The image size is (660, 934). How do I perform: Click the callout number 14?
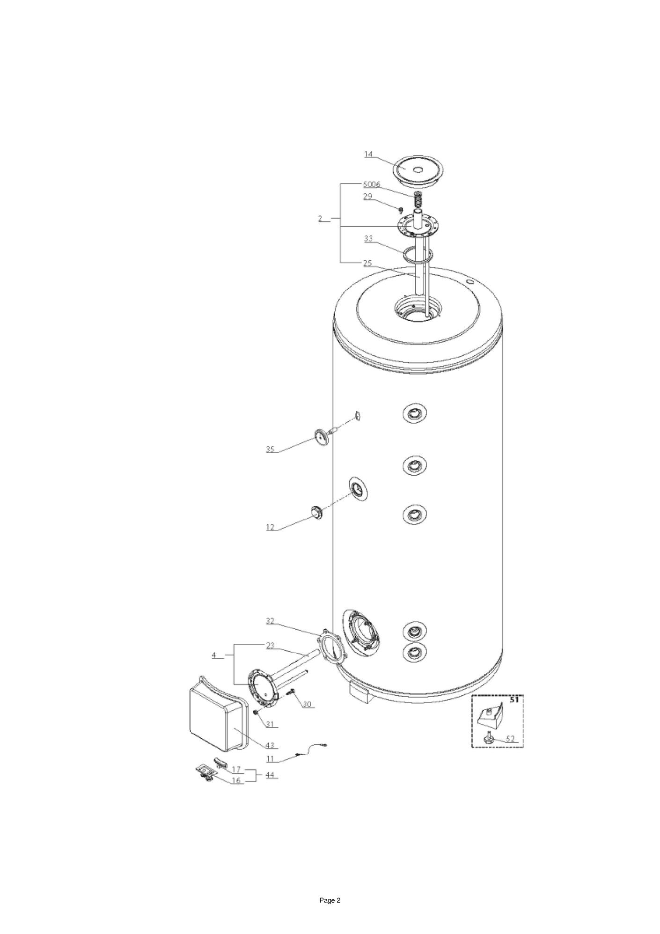click(x=368, y=154)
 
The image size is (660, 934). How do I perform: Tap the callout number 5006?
click(x=372, y=184)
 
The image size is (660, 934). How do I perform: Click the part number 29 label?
click(x=368, y=197)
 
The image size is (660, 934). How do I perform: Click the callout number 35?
click(x=270, y=449)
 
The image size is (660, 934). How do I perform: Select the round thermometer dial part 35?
click(x=322, y=436)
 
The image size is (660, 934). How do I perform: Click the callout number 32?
click(x=270, y=621)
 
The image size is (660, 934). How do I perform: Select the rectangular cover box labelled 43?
click(x=219, y=715)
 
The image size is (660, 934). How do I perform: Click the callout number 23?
click(x=270, y=646)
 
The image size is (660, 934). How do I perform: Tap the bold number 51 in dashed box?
click(x=514, y=700)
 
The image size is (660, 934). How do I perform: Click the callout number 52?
click(x=510, y=739)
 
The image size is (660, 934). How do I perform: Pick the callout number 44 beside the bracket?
click(x=270, y=775)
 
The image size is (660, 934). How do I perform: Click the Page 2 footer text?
click(x=330, y=900)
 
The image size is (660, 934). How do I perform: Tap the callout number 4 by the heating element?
click(x=214, y=655)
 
